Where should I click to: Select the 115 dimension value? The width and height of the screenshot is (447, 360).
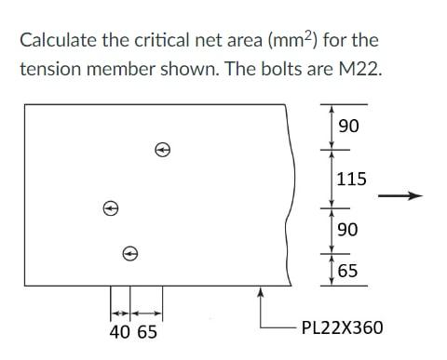[x=351, y=179]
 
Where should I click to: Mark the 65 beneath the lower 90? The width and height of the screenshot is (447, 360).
[x=347, y=272]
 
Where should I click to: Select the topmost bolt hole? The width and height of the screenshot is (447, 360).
[x=162, y=149]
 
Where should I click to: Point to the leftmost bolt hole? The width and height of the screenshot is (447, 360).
[x=111, y=209]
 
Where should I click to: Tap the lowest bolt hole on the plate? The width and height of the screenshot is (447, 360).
[x=130, y=252]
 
